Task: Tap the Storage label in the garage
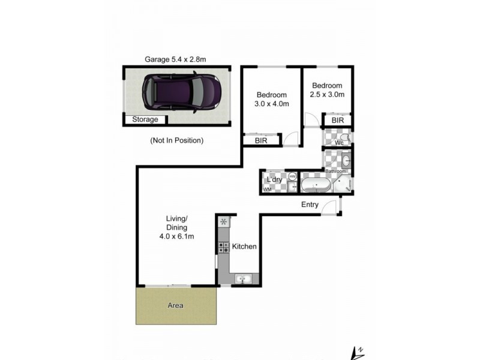[145, 119]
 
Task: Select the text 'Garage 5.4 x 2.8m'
[175, 59]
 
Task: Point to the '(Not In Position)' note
[176, 140]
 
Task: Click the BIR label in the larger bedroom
[261, 140]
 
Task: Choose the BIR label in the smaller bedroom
[338, 121]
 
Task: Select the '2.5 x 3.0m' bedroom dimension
[327, 95]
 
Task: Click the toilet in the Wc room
[343, 137]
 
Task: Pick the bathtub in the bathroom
[314, 184]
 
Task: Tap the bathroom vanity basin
[346, 161]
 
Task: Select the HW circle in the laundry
[292, 176]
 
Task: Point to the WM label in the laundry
[267, 190]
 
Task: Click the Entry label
[310, 205]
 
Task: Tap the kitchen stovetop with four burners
[223, 246]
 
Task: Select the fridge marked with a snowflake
[223, 221]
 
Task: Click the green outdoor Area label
[175, 305]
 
